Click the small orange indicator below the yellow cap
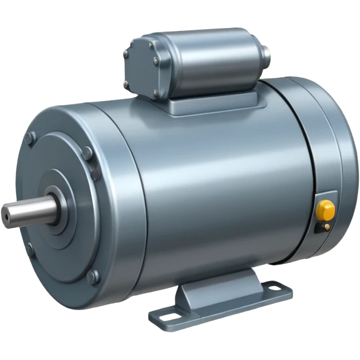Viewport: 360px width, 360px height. coord(326,227)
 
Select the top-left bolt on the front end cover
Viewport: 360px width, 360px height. coord(31,137)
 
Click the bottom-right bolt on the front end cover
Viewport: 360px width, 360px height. coord(92,277)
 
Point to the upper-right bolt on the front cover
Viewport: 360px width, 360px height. coord(86,153)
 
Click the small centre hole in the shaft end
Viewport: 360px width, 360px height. coord(6,213)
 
